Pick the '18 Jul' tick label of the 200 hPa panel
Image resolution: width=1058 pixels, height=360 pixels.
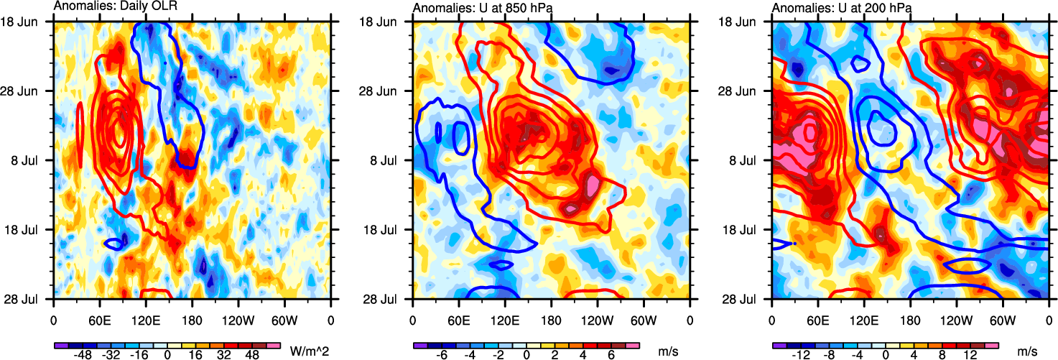point(750,229)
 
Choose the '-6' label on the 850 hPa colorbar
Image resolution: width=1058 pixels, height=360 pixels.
point(443,355)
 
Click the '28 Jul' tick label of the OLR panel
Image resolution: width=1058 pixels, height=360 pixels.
point(32,298)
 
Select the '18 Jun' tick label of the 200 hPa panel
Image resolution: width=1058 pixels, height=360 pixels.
point(748,22)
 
